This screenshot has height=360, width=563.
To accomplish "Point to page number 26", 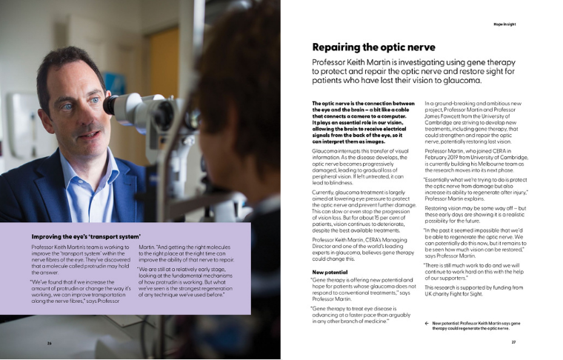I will point(50,343).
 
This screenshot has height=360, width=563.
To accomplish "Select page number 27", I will point(513,342).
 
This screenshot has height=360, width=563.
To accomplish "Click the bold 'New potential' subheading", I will point(331,272).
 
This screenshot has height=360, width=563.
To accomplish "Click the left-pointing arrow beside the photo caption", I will point(427,324).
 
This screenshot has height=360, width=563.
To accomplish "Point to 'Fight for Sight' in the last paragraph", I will point(467,296).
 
